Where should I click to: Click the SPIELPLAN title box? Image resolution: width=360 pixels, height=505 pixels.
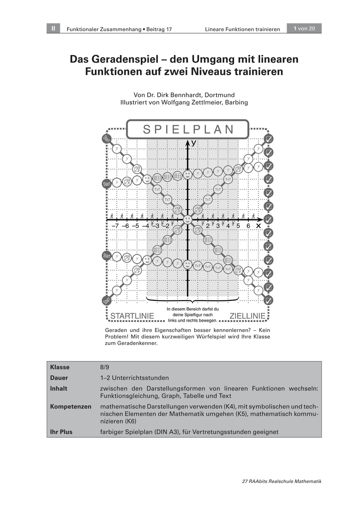coord(188,129)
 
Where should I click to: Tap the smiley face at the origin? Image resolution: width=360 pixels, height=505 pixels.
coord(188,219)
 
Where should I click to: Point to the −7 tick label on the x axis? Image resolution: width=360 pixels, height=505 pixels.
coord(115,226)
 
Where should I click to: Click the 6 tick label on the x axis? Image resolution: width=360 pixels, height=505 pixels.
coord(248,226)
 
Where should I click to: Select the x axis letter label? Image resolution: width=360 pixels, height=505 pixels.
coord(259,226)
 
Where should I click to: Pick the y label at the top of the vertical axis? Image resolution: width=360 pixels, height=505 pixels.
coord(193,143)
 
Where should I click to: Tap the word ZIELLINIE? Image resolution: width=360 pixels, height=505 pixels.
coord(248,316)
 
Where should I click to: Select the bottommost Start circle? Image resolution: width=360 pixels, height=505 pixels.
coord(106,300)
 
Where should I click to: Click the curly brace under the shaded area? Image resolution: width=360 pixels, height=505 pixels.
coord(192,300)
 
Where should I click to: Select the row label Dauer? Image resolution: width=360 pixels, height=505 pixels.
coord(59,378)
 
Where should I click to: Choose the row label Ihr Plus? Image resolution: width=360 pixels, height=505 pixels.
coord(61,432)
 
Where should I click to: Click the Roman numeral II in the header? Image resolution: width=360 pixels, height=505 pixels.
coord(53,29)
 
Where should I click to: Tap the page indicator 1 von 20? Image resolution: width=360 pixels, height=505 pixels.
coord(304,29)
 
